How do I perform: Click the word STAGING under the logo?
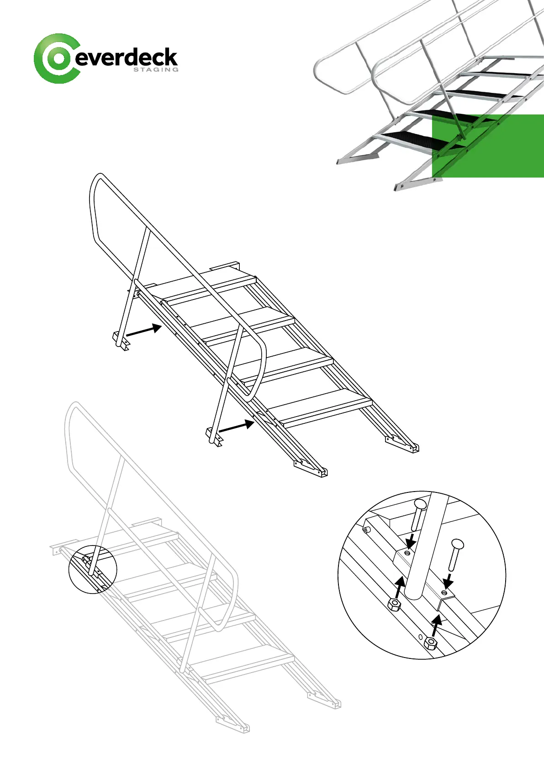[155, 70]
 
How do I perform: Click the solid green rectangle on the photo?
[488, 145]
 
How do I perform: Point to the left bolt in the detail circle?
[418, 514]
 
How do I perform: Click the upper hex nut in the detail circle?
[394, 605]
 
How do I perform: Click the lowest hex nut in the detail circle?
[430, 643]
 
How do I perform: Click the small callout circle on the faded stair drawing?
[93, 569]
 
